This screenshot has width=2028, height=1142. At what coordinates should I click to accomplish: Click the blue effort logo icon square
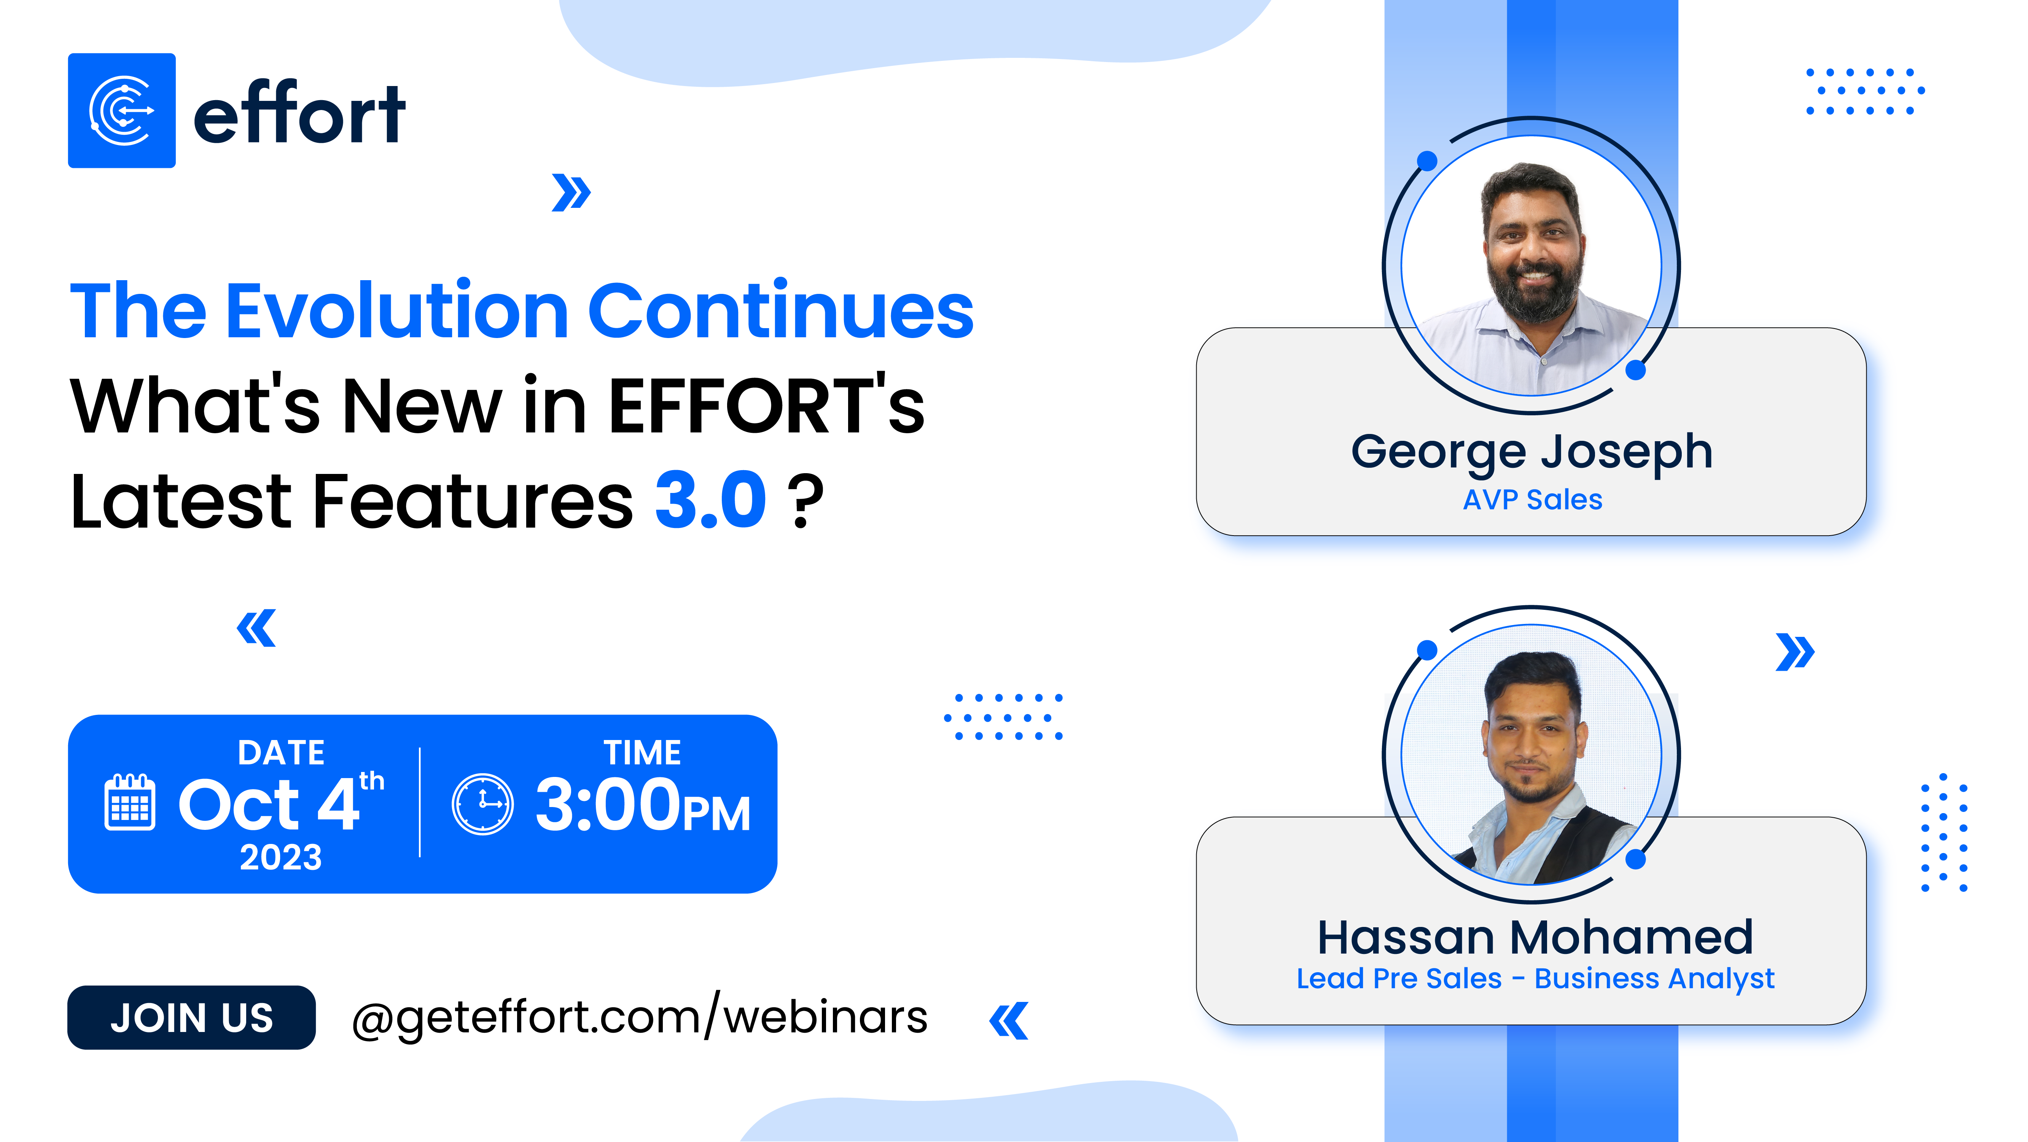(122, 110)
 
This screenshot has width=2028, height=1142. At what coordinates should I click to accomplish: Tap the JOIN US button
(191, 1018)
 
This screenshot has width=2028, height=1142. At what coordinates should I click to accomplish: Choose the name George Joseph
(1531, 452)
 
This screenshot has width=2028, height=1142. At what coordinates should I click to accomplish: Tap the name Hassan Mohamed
(1535, 937)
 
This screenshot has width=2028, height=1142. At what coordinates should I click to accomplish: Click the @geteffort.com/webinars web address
(639, 1018)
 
